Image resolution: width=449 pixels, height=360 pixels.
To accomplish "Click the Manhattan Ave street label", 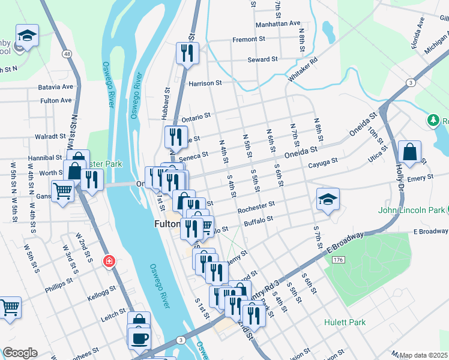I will click(x=278, y=23).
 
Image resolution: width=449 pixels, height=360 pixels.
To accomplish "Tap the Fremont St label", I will click(x=249, y=39).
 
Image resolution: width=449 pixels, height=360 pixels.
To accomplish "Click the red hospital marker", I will click(x=109, y=261).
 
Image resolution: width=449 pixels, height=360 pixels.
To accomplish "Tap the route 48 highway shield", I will click(x=66, y=55).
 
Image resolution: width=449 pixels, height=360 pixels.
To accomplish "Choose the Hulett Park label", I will click(x=345, y=322).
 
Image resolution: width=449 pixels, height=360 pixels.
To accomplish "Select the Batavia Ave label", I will click(x=55, y=87).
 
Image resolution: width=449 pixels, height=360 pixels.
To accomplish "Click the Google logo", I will click(x=20, y=352).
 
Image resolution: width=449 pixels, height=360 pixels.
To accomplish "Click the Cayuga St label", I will click(x=323, y=161).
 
